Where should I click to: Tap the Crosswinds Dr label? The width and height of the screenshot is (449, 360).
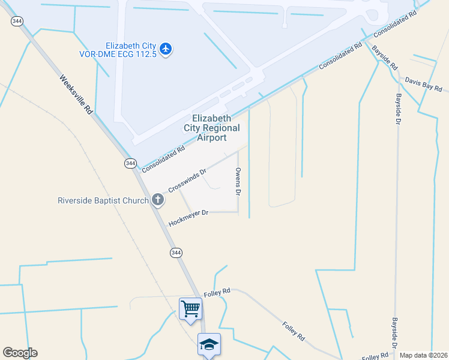(x=187, y=180)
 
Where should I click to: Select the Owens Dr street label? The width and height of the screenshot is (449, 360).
(x=238, y=182)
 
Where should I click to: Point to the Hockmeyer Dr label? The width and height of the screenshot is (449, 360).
(x=188, y=217)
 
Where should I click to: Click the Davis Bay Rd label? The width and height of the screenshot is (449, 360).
(x=423, y=83)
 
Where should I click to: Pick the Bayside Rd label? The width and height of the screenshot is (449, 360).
(x=384, y=58)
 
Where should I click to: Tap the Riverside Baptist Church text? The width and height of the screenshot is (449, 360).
(x=103, y=200)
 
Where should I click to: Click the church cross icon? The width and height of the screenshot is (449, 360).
(x=158, y=200)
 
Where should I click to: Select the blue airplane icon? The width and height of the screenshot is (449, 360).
(x=166, y=49)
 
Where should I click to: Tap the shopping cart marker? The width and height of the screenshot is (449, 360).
(x=191, y=310)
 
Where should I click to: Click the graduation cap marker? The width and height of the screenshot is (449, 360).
(x=209, y=344)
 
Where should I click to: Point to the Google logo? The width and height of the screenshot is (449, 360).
(x=20, y=353)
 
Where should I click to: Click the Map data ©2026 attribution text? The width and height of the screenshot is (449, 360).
(x=424, y=355)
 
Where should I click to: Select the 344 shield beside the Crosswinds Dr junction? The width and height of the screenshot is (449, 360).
(x=131, y=163)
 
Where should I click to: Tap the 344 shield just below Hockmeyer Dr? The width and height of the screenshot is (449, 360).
(x=175, y=252)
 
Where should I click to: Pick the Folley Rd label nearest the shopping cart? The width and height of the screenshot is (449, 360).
(x=217, y=292)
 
